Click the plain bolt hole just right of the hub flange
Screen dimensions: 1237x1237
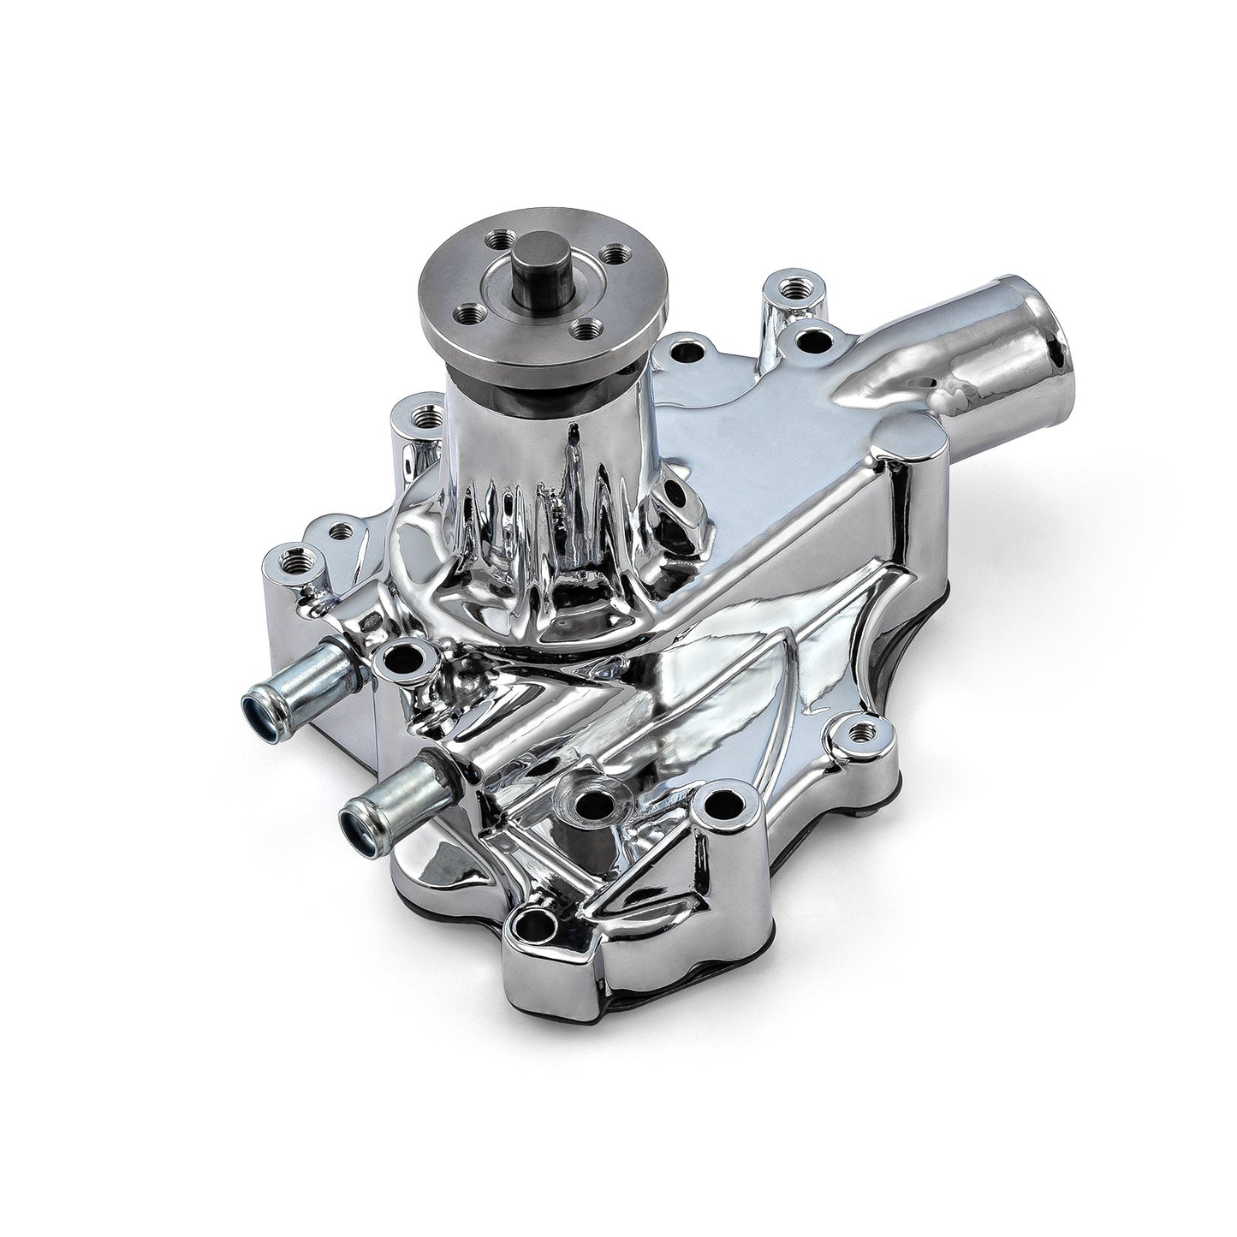click(x=684, y=351)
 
